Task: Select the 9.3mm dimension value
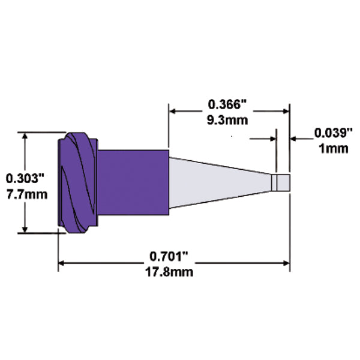(229, 119)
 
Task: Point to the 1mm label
(331, 148)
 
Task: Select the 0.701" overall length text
(170, 257)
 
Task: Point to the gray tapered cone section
(216, 182)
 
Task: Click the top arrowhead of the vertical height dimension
(25, 136)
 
